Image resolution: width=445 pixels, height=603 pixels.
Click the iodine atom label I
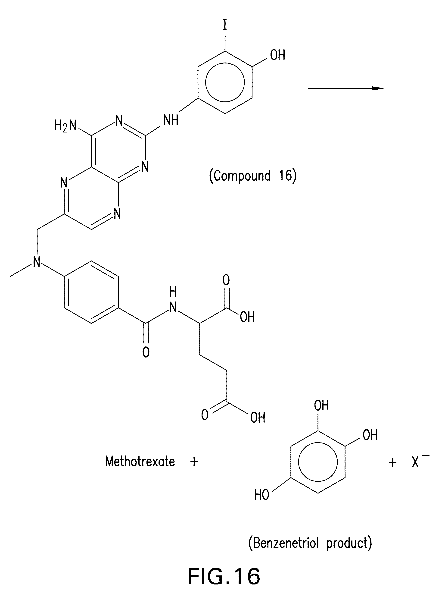click(x=225, y=26)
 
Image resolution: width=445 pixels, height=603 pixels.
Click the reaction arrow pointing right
click(x=345, y=88)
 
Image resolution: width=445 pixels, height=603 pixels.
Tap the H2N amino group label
click(x=65, y=126)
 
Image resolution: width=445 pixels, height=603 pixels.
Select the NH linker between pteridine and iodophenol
click(x=171, y=120)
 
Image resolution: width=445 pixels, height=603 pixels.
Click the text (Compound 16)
click(x=253, y=176)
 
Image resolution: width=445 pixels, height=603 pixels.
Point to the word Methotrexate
click(x=140, y=462)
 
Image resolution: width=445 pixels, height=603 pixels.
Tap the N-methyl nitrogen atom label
click(x=37, y=261)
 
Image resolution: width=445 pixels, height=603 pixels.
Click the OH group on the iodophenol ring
click(x=277, y=55)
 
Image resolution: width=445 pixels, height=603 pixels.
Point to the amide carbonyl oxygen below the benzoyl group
click(x=146, y=352)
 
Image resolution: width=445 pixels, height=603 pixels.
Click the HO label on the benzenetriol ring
click(x=261, y=495)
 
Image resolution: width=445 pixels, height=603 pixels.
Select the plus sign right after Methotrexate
click(x=194, y=462)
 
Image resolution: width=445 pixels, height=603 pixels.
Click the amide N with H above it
click(x=173, y=307)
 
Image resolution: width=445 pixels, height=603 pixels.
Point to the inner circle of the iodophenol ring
click(x=225, y=82)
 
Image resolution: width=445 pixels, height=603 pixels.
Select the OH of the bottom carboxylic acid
click(x=258, y=418)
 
